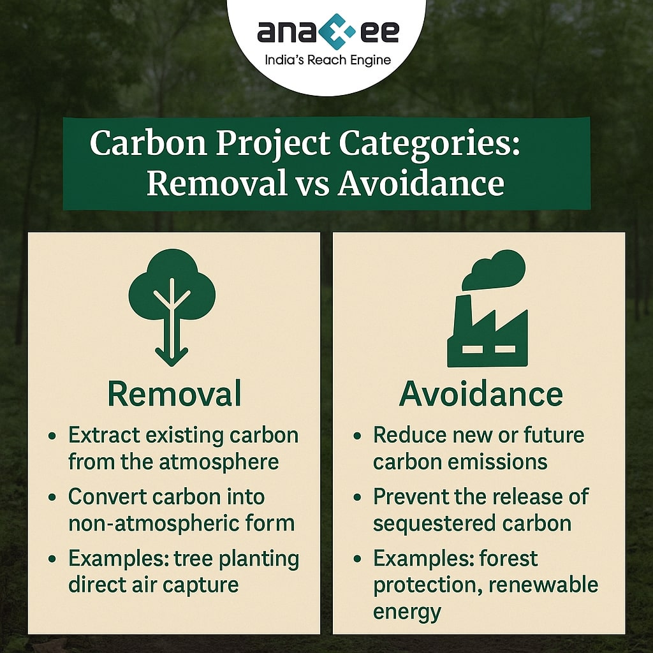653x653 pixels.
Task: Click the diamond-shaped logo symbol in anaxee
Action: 339,31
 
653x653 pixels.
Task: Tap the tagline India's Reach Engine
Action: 328,61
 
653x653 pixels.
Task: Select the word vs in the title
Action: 312,184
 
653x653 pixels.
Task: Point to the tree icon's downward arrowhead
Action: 171,356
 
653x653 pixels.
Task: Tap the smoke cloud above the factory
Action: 494,270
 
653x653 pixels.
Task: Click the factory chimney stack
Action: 464,316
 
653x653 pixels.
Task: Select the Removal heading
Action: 174,393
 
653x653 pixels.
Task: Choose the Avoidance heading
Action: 481,393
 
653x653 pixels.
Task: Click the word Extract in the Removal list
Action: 104,435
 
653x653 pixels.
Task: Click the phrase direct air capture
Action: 153,585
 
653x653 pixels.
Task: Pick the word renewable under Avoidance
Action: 543,585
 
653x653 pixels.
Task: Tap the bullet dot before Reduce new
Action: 357,436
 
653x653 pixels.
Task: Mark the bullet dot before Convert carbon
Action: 52,497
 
